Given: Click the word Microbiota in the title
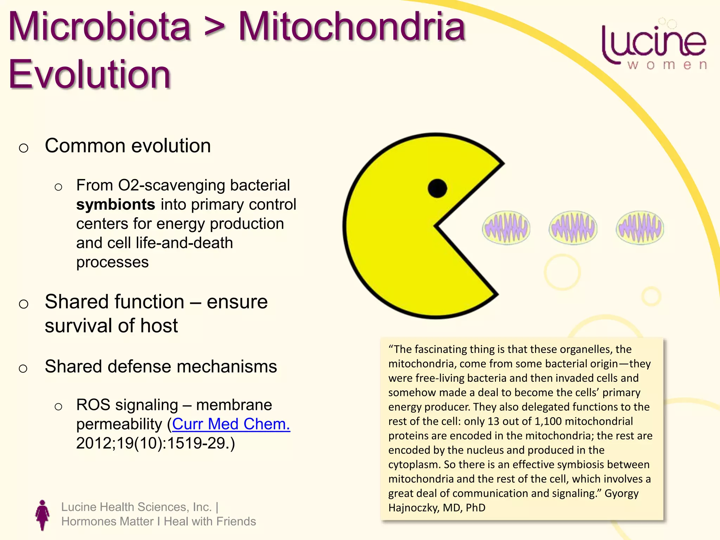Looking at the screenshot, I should pyautogui.click(x=99, y=27).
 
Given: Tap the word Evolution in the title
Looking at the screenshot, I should pyautogui.click(x=90, y=75).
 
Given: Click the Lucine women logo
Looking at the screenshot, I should pyautogui.click(x=654, y=46).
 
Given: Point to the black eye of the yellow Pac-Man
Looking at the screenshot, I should pyautogui.click(x=437, y=188).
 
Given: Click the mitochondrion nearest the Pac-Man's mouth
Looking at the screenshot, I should pyautogui.click(x=506, y=228).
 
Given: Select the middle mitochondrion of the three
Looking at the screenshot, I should pyautogui.click(x=573, y=228).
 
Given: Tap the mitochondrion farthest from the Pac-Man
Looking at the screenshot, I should pyautogui.click(x=640, y=228).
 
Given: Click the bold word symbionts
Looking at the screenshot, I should pyautogui.click(x=116, y=205).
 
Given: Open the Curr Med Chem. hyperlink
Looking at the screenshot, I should pyautogui.click(x=231, y=424).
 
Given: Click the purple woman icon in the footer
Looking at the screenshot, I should pyautogui.click(x=43, y=515).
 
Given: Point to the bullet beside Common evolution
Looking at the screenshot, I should pyautogui.click(x=24, y=148).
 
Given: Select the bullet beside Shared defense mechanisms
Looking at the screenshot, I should pyautogui.click(x=23, y=368).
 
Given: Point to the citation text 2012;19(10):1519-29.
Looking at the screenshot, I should pyautogui.click(x=155, y=443).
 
